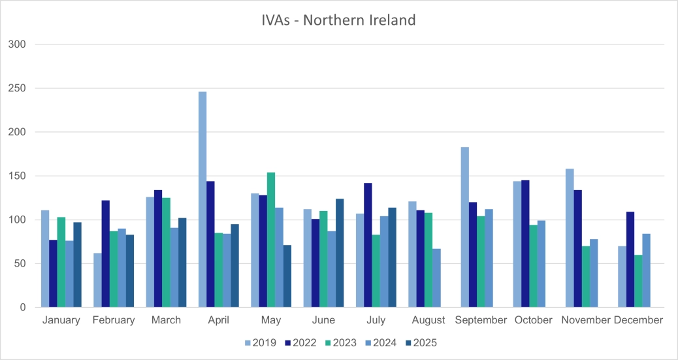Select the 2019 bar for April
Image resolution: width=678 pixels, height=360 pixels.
coord(202,199)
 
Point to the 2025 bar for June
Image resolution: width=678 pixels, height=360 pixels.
coord(340,253)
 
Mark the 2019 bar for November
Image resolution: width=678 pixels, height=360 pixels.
coord(570,238)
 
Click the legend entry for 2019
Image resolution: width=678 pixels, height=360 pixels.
coord(261,342)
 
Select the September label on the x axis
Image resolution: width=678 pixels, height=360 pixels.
coord(481,320)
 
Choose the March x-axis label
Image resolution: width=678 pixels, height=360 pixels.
coord(167,320)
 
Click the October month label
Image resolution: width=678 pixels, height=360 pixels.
coord(533,320)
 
